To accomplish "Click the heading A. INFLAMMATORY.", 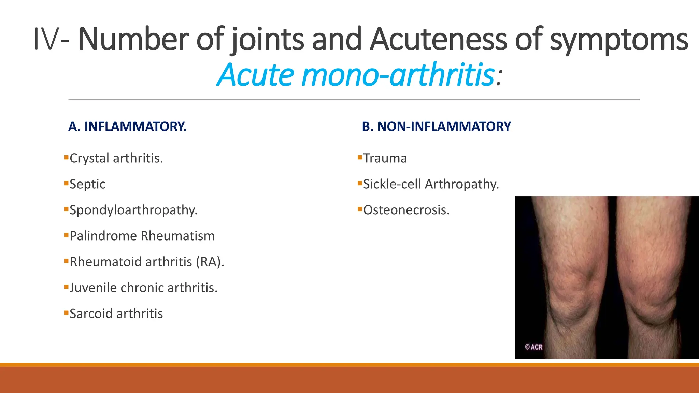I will coord(127,127).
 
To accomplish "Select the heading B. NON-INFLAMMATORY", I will coord(436,127).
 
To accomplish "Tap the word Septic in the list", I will coord(87,184).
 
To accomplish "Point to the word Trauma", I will coord(385,158).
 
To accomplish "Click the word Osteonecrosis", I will coord(406,210).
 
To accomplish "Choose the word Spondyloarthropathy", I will coord(133,210).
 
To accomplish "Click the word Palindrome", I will coord(103,236).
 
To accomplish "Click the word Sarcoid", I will coord(91,314).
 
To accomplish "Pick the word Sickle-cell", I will coord(392,184).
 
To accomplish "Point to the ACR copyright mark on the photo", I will coord(533,347).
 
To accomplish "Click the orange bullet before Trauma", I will coord(359,157).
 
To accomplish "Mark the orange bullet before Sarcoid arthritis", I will coord(66,313).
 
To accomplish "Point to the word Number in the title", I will coord(133,40).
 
